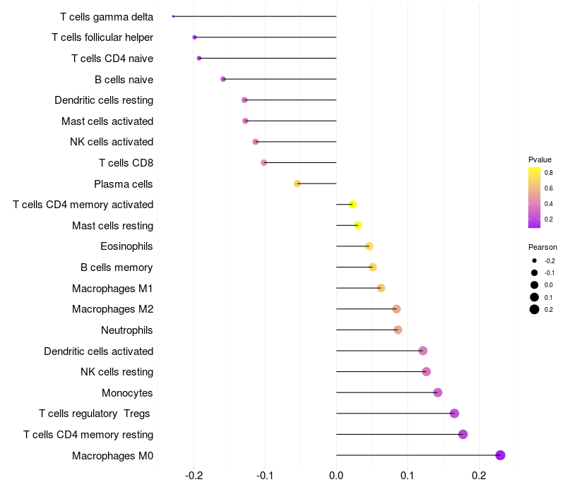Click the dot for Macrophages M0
[501, 455]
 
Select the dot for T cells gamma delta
[173, 16]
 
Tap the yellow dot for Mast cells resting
[358, 225]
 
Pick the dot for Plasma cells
[297, 183]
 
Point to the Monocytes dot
[438, 392]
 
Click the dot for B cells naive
[223, 79]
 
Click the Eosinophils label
[127, 246]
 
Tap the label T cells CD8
[126, 163]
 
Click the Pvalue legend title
[540, 159]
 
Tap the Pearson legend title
[542, 247]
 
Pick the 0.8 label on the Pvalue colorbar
[548, 172]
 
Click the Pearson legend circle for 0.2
[535, 309]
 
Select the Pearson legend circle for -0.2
[535, 261]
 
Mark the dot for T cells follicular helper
[194, 37]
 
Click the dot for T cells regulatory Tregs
[454, 414]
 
